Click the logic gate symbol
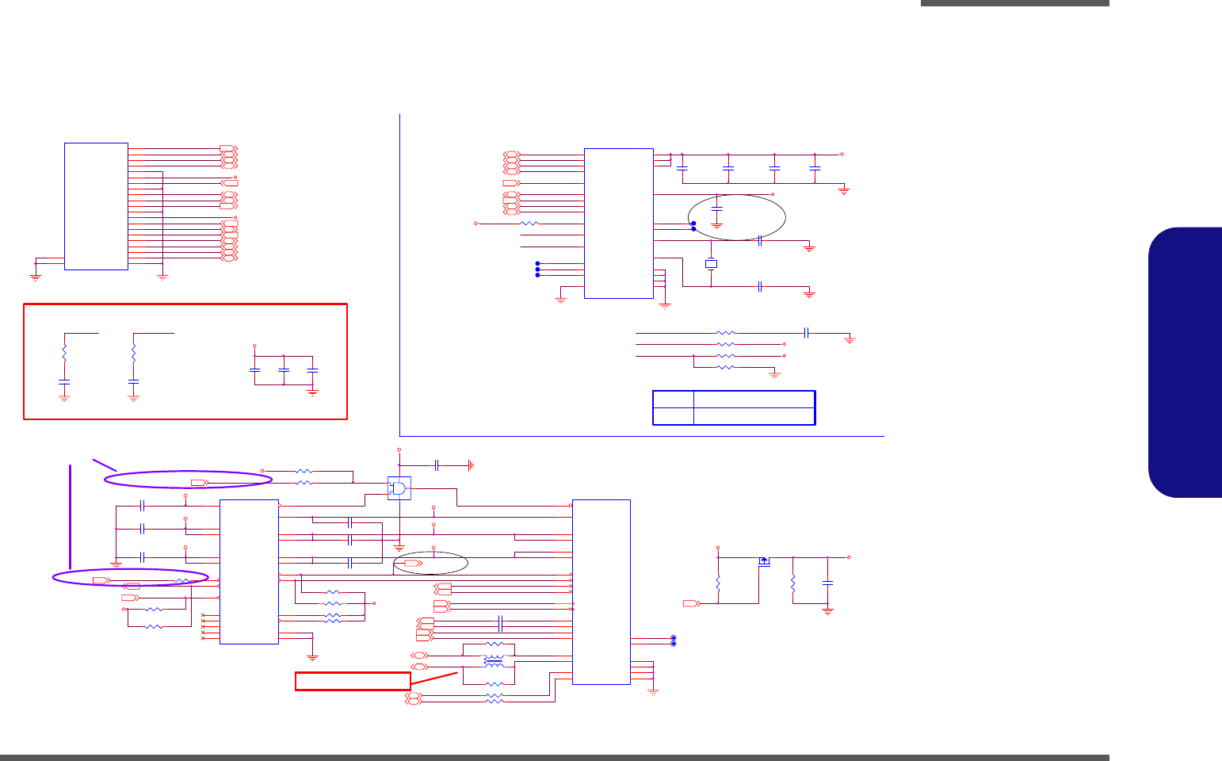(x=399, y=488)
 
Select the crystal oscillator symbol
(x=711, y=264)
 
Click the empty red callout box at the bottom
(x=353, y=681)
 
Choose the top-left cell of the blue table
(x=673, y=399)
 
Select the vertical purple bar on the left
(x=71, y=517)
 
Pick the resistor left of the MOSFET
(x=718, y=583)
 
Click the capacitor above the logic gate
(x=437, y=465)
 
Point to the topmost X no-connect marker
(x=204, y=616)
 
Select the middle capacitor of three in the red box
(x=283, y=370)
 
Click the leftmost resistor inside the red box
(x=64, y=351)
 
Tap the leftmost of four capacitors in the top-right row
(x=682, y=168)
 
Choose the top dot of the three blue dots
(x=538, y=263)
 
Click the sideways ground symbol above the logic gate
(x=471, y=465)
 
